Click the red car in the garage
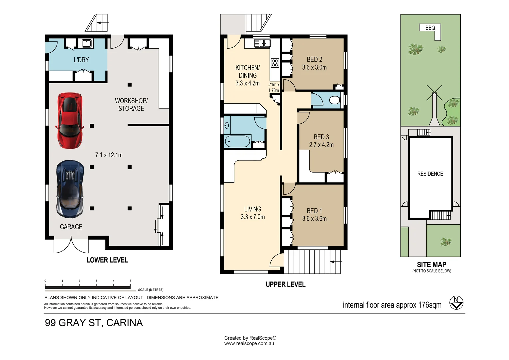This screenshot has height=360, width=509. [70, 121]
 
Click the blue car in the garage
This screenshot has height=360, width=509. [70, 189]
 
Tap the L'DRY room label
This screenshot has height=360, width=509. [81, 60]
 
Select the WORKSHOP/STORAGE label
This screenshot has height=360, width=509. [131, 105]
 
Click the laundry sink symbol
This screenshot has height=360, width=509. [87, 43]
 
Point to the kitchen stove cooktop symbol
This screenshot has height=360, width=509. [275, 63]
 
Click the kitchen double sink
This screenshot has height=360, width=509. [262, 43]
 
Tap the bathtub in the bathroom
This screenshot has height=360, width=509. [237, 141]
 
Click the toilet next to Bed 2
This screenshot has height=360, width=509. [334, 100]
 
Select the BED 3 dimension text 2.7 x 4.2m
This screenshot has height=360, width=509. [321, 145]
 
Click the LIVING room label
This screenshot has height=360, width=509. [253, 209]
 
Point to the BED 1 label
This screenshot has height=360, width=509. [314, 211]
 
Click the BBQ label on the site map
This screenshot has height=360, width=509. [430, 28]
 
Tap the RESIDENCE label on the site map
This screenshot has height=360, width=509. [430, 174]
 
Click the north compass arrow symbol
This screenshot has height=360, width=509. [456, 303]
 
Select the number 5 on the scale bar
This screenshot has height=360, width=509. [130, 281]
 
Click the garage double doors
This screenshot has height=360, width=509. [71, 245]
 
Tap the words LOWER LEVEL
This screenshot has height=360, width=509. [107, 260]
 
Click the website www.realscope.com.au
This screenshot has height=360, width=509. [249, 344]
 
